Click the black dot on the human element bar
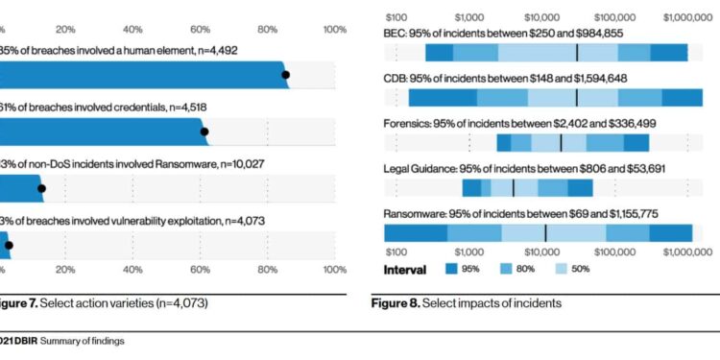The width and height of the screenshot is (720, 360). pyautogui.click(x=285, y=75)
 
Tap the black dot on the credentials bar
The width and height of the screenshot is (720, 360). pyautogui.click(x=204, y=132)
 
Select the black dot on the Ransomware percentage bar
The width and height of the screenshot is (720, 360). pyautogui.click(x=40, y=189)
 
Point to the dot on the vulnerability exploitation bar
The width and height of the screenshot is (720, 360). pyautogui.click(x=9, y=246)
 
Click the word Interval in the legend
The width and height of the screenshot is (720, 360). pyautogui.click(x=404, y=270)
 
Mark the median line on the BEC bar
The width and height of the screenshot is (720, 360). pyautogui.click(x=577, y=53)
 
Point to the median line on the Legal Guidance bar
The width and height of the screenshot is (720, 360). pyautogui.click(x=513, y=187)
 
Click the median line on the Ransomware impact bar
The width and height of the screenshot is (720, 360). pyautogui.click(x=545, y=232)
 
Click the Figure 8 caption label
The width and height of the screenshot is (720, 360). pyautogui.click(x=396, y=304)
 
